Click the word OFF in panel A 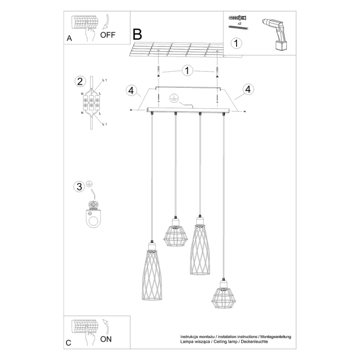pos(107,36)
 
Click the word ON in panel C pos(106,339)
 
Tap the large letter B pos(137,35)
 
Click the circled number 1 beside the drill pos(237,43)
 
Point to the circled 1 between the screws pos(186,70)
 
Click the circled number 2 pos(80,81)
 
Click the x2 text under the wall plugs pos(238,24)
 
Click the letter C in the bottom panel pos(69,343)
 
